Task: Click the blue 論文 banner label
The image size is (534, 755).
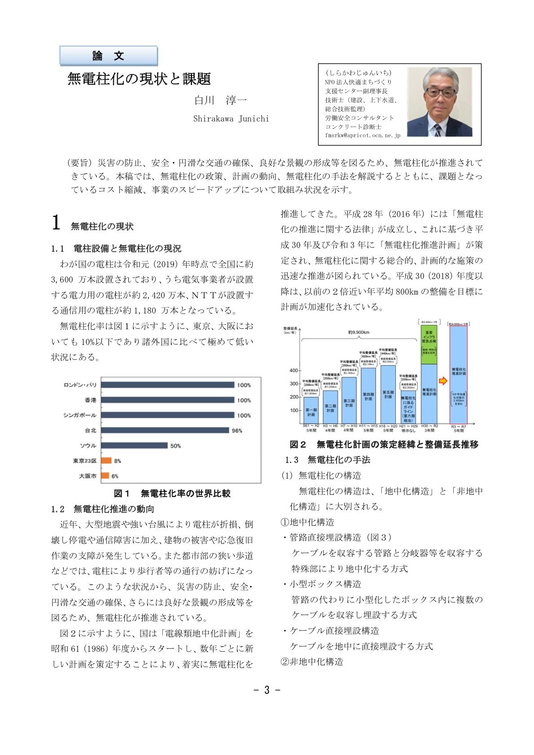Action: click(108, 56)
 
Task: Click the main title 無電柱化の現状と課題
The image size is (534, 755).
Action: click(139, 79)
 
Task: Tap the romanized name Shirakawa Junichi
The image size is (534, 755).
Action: click(231, 119)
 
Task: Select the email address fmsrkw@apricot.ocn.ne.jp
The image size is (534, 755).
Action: click(363, 135)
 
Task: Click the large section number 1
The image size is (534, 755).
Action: click(56, 223)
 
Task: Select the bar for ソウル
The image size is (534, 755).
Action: click(134, 445)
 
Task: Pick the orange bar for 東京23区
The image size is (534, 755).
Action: click(106, 460)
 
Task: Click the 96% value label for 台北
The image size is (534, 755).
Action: click(237, 431)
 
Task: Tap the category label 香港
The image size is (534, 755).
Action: click(90, 400)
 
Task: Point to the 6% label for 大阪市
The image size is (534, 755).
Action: click(115, 476)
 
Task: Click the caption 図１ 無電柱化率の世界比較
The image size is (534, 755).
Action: click(172, 493)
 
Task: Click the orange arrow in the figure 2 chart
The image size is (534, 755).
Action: click(443, 381)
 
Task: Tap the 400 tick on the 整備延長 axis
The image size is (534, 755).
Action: click(293, 371)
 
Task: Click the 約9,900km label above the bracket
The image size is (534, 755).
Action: click(359, 332)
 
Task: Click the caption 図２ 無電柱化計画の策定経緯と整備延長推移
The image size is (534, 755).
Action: click(384, 445)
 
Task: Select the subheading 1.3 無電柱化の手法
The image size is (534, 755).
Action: click(327, 460)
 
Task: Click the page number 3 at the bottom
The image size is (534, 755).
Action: click(267, 690)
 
